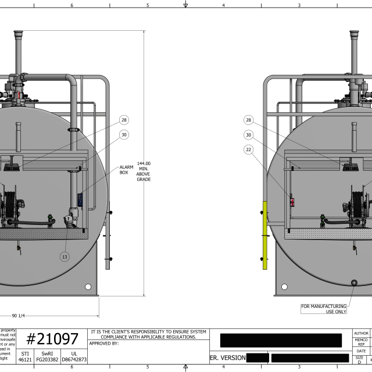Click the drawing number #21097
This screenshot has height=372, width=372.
53,339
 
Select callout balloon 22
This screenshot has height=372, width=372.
249,150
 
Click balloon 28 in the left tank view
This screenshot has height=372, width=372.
124,120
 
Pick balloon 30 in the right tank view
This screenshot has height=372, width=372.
249,135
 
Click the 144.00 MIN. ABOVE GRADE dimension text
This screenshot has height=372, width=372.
144,171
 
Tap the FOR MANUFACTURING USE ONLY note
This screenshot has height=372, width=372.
323,309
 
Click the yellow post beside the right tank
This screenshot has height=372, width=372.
265,235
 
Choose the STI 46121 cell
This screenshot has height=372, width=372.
25,356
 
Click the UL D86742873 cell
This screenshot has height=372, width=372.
73,356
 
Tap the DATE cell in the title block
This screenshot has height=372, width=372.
361,351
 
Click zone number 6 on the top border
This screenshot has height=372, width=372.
71,5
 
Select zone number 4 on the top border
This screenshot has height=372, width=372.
223,5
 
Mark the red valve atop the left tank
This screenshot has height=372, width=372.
21,95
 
